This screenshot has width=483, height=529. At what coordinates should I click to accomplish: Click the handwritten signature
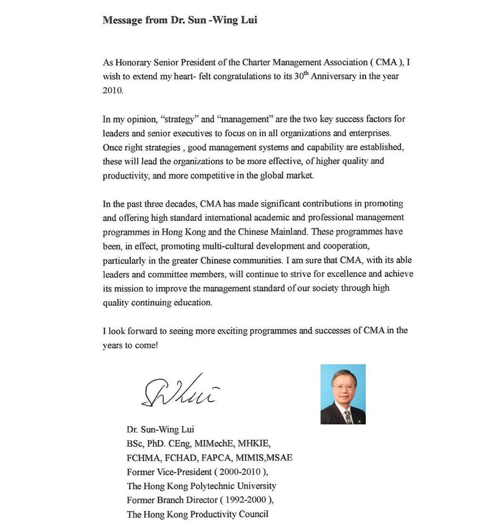click(x=179, y=391)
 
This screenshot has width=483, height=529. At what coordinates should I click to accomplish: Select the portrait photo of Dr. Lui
click(x=343, y=394)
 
